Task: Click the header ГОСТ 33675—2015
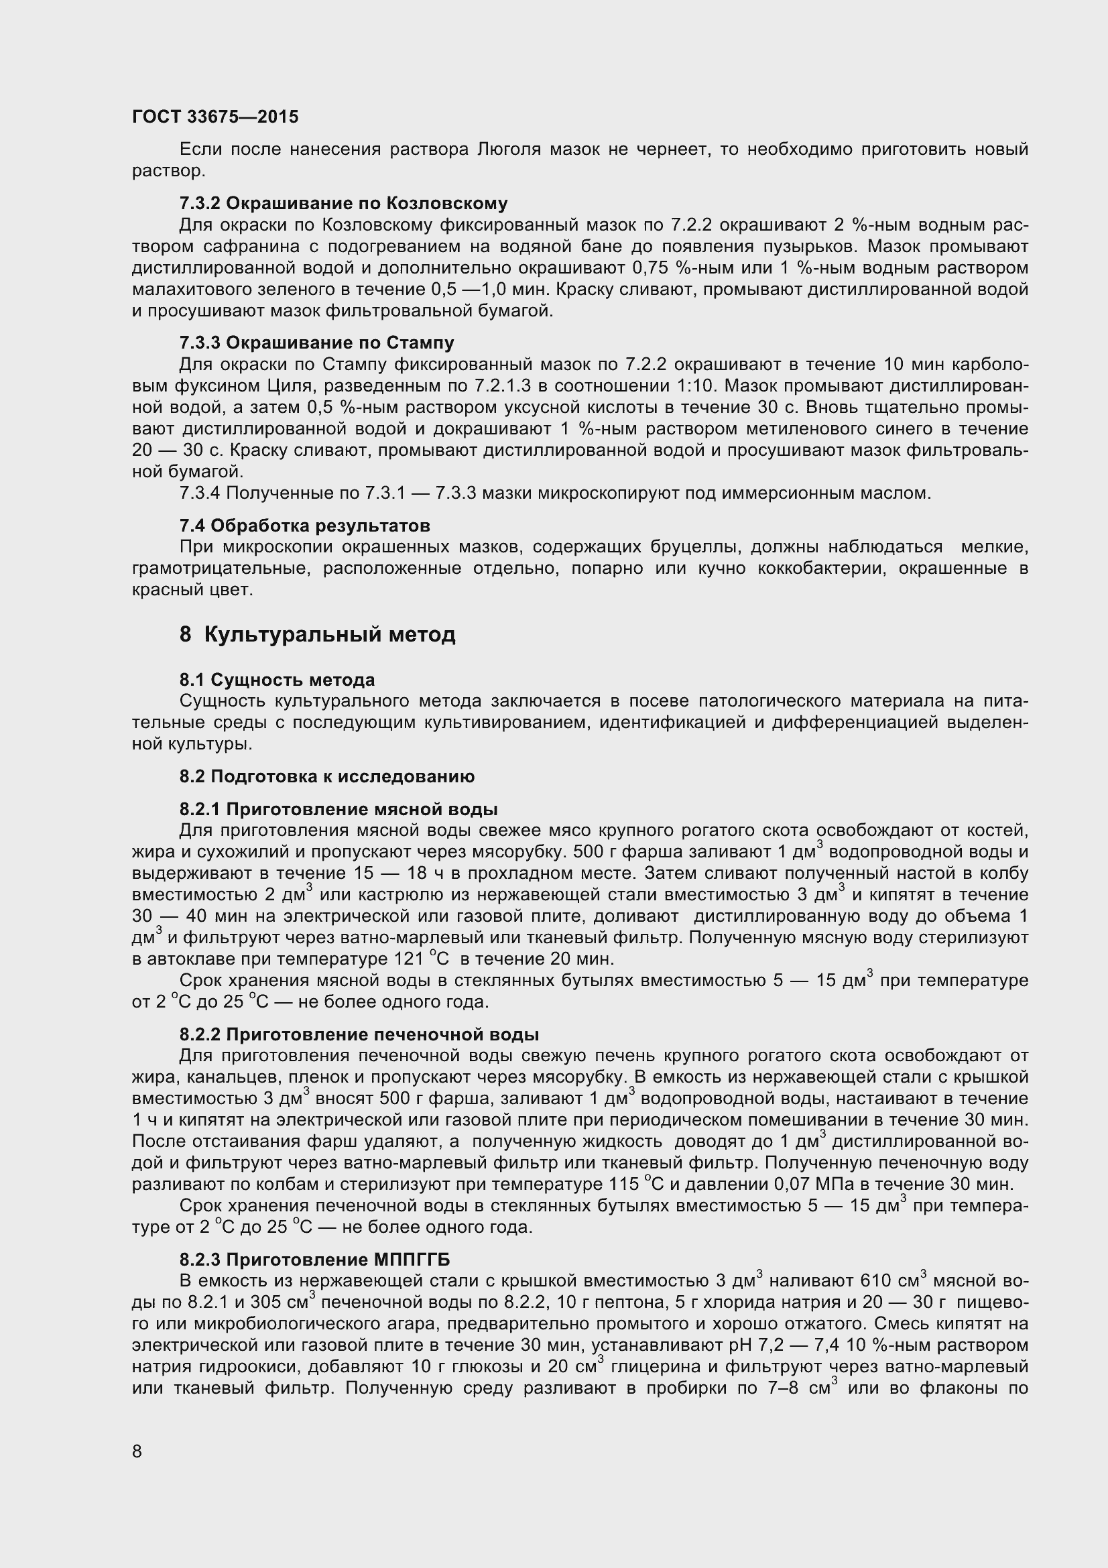[x=215, y=117]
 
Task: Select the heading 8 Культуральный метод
[x=318, y=634]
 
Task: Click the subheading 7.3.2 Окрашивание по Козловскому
[x=343, y=204]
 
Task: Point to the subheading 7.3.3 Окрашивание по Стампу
[x=317, y=342]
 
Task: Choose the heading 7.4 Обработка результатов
[x=304, y=525]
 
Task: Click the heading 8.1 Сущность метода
[x=278, y=680]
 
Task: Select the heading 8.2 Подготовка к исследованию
[x=327, y=776]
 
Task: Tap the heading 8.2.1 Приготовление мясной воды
[x=338, y=808]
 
